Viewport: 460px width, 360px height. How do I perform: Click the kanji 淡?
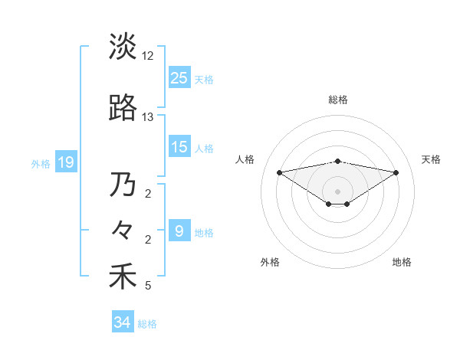(123, 46)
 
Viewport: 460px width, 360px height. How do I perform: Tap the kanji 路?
(123, 108)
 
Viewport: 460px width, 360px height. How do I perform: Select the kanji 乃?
(123, 185)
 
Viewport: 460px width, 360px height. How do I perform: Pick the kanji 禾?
(123, 277)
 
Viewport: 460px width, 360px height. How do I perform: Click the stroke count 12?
(148, 56)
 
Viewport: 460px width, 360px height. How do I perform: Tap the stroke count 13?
(148, 117)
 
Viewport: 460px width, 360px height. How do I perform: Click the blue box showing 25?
(179, 77)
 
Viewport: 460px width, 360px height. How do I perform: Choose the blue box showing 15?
(179, 146)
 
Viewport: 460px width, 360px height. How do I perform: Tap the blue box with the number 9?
(179, 231)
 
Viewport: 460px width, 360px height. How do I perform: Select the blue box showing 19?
(65, 162)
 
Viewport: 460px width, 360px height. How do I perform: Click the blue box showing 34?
(123, 322)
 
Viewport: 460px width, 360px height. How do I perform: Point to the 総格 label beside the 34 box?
(148, 324)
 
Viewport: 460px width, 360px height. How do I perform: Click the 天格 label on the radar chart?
(431, 159)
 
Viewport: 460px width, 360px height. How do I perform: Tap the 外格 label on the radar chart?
(270, 262)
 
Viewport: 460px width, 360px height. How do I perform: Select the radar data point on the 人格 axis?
(279, 172)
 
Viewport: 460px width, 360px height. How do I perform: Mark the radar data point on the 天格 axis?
(396, 172)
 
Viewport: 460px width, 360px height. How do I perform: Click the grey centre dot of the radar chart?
(337, 191)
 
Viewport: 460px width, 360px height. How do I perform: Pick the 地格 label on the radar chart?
(402, 262)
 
